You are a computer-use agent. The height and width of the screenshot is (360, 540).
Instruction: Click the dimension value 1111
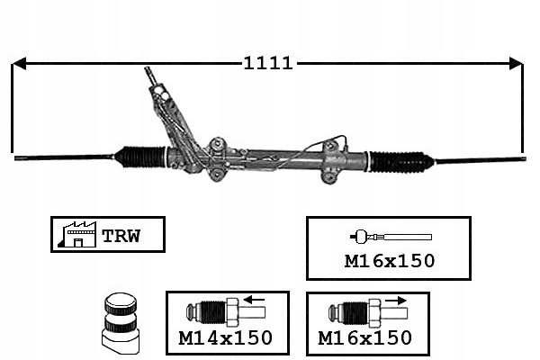[267, 63]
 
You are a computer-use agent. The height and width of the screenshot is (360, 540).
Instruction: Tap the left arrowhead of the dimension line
[18, 63]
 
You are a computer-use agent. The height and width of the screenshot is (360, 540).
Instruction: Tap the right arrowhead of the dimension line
[516, 63]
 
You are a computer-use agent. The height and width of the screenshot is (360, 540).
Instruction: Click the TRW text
[120, 237]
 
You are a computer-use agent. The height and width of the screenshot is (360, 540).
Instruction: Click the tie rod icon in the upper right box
[390, 237]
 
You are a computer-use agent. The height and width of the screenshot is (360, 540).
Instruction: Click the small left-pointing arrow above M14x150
[253, 301]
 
